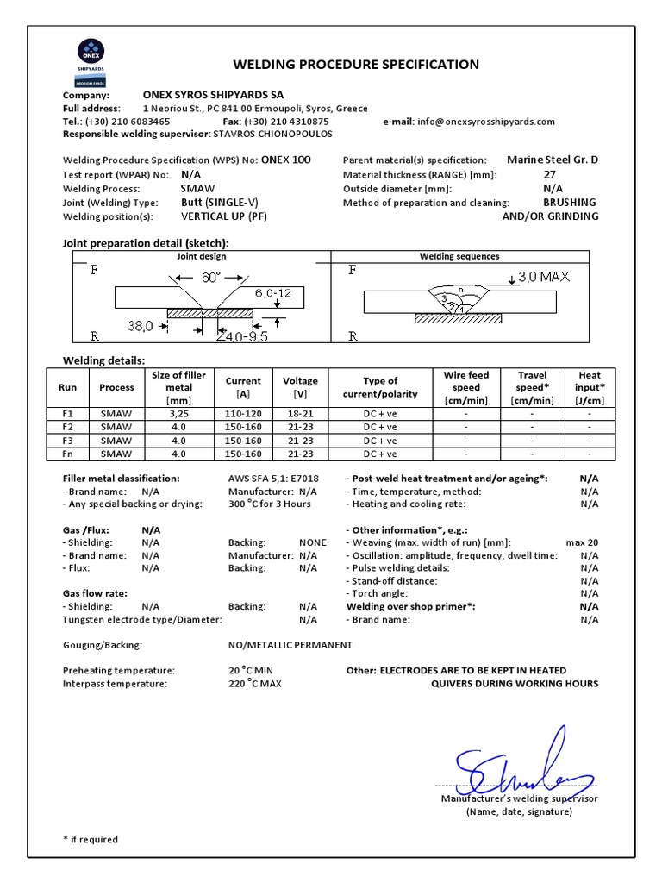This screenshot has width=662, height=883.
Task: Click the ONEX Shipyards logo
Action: click(x=89, y=59)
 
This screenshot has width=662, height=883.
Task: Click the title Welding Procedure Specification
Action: click(x=356, y=65)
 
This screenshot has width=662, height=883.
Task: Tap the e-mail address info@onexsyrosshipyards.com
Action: click(x=485, y=122)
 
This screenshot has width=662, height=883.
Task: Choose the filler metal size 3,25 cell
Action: click(x=178, y=414)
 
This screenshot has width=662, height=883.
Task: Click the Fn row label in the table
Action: click(x=68, y=454)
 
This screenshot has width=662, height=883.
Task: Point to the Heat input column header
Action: click(x=590, y=387)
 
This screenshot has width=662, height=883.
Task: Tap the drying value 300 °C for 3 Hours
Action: click(x=270, y=504)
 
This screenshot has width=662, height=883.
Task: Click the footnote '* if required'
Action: click(x=91, y=839)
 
